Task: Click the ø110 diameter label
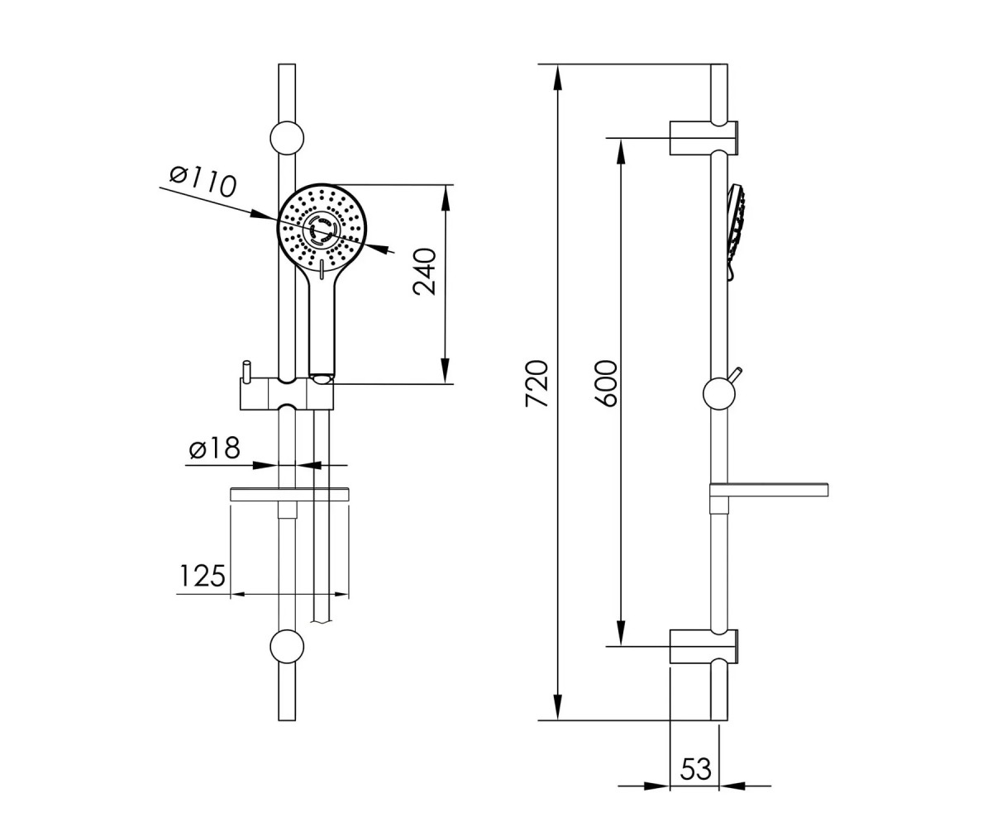(203, 181)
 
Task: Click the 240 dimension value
(425, 272)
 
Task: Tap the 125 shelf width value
(203, 576)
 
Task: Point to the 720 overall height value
(537, 383)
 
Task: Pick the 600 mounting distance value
(606, 383)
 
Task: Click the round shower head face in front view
(322, 228)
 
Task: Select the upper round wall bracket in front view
(287, 138)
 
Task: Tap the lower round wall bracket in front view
(287, 647)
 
